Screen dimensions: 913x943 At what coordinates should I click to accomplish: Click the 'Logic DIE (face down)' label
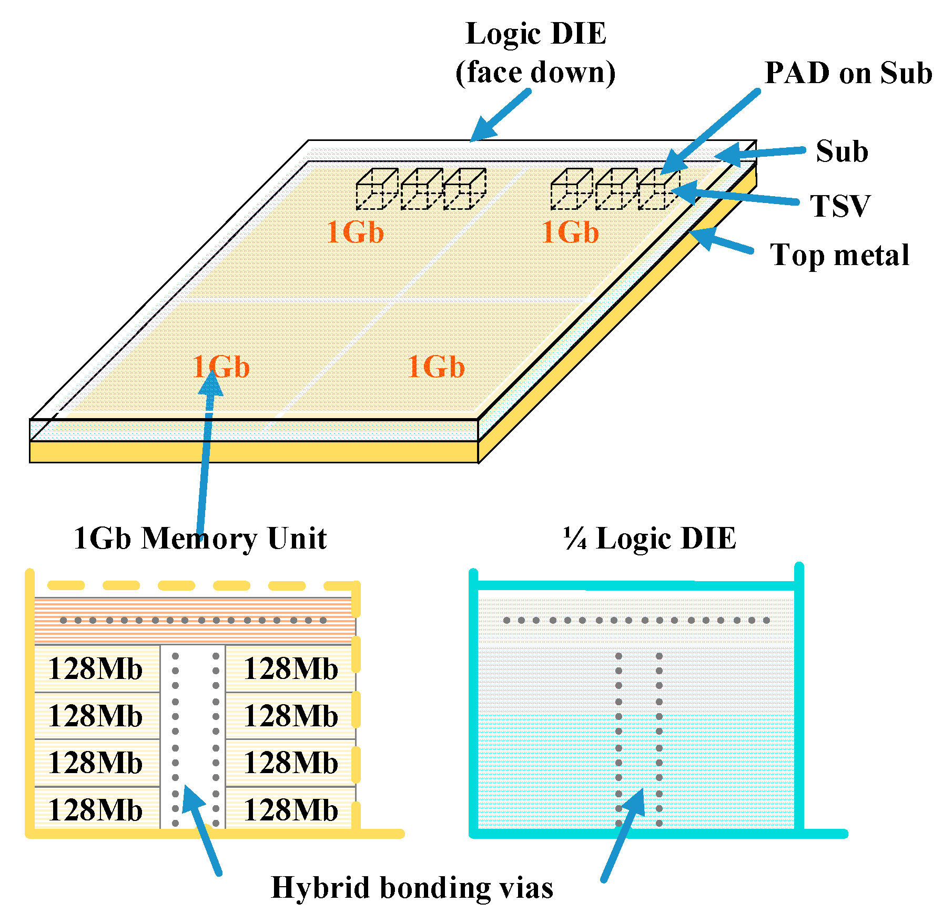pyautogui.click(x=535, y=53)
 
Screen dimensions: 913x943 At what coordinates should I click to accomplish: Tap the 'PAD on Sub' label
pyautogui.click(x=848, y=73)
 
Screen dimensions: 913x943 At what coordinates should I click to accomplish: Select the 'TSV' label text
pyautogui.click(x=839, y=206)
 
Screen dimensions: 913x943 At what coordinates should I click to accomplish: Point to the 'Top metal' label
pyautogui.click(x=839, y=255)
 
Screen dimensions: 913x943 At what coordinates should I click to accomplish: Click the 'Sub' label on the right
pyautogui.click(x=841, y=151)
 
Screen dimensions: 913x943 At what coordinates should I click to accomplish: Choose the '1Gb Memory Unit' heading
pyautogui.click(x=200, y=539)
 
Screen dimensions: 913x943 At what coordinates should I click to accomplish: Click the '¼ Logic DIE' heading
pyautogui.click(x=650, y=539)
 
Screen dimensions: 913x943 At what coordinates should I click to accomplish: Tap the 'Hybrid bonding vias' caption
pyautogui.click(x=412, y=888)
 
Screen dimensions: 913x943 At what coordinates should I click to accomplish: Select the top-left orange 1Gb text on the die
pyautogui.click(x=355, y=232)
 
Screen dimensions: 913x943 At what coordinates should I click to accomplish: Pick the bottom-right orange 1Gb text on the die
pyautogui.click(x=436, y=367)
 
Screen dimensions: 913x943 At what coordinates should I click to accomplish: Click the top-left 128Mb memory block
pyautogui.click(x=96, y=669)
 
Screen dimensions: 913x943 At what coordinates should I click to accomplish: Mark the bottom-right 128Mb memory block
pyautogui.click(x=291, y=810)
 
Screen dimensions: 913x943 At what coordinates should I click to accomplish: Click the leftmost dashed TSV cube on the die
pyautogui.click(x=377, y=189)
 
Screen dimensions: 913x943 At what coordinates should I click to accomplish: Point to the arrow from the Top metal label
pyautogui.click(x=721, y=241)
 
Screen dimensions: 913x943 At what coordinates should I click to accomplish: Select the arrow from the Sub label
pyautogui.click(x=760, y=154)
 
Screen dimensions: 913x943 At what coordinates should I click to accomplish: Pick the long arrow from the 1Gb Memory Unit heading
pyautogui.click(x=206, y=452)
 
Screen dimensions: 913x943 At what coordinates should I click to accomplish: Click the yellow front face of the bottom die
pyautogui.click(x=252, y=452)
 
